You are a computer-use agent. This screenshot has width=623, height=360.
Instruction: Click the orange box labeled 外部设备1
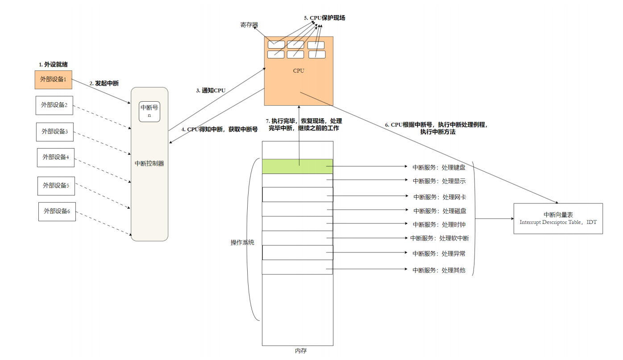(x=53, y=79)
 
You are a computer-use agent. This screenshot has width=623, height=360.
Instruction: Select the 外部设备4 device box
(x=55, y=157)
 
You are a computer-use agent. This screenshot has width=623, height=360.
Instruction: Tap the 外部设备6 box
(x=57, y=211)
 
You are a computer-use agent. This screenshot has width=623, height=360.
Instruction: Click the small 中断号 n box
(x=150, y=111)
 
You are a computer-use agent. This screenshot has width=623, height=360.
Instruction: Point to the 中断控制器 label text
(x=150, y=164)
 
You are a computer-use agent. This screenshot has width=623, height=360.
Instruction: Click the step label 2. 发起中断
(x=104, y=83)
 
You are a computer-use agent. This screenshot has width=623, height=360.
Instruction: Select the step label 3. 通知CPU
(x=211, y=91)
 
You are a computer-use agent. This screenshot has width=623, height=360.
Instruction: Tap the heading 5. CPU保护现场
(x=324, y=18)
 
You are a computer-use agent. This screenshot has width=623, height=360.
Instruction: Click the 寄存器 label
(x=249, y=25)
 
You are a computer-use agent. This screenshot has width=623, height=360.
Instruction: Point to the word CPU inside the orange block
(x=299, y=70)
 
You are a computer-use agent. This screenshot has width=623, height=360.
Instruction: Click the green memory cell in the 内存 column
(x=297, y=166)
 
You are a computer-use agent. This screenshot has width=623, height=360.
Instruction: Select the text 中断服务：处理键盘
(x=439, y=167)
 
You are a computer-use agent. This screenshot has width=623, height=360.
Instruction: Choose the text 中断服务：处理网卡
(x=440, y=197)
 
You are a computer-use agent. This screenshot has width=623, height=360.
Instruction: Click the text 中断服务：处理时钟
(x=440, y=224)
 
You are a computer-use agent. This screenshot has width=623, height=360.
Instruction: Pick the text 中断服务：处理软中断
(x=440, y=238)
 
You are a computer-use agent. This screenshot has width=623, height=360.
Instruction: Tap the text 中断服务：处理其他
(x=439, y=270)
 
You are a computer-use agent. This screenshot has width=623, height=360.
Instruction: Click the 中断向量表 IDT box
(x=558, y=219)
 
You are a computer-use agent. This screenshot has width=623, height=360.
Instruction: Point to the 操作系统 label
(x=242, y=243)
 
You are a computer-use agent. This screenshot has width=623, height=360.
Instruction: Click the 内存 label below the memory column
(x=301, y=351)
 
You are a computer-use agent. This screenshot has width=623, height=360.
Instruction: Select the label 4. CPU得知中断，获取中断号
(x=220, y=129)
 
